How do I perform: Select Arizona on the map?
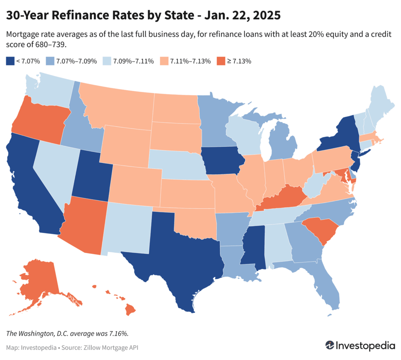click(x=84, y=223)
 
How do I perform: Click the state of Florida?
click(x=329, y=290)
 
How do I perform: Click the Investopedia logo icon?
click(x=330, y=346)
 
